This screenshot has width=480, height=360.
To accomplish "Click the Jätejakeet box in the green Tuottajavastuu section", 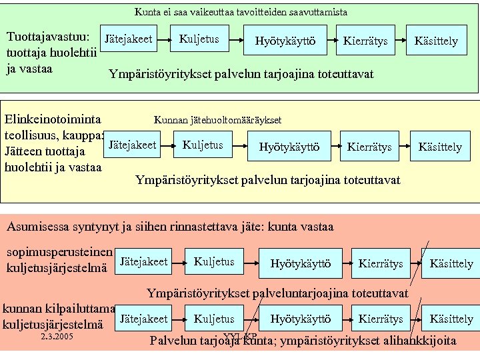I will click(129, 39).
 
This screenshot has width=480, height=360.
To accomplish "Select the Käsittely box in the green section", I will click(436, 41).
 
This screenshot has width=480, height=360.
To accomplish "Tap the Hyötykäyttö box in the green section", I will click(285, 42).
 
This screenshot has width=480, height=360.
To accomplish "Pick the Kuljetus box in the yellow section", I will click(203, 145).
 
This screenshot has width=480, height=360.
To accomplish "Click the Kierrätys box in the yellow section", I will click(369, 147).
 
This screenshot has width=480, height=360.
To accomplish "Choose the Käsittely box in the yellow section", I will click(440, 147).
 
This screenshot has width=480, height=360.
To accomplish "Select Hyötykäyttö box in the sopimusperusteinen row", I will click(301, 263).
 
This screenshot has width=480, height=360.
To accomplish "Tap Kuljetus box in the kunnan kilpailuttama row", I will click(214, 319).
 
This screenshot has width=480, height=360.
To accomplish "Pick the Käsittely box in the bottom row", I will click(451, 319).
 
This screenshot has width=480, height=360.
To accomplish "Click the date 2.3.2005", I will click(57, 337).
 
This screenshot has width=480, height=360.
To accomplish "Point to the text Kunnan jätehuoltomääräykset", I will click(217, 120).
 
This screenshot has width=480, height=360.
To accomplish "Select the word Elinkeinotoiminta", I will click(53, 119).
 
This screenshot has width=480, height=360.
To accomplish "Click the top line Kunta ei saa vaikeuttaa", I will click(241, 12).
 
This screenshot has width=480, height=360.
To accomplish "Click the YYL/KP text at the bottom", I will click(240, 336).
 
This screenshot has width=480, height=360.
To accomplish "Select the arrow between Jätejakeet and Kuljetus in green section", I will click(164, 40).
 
